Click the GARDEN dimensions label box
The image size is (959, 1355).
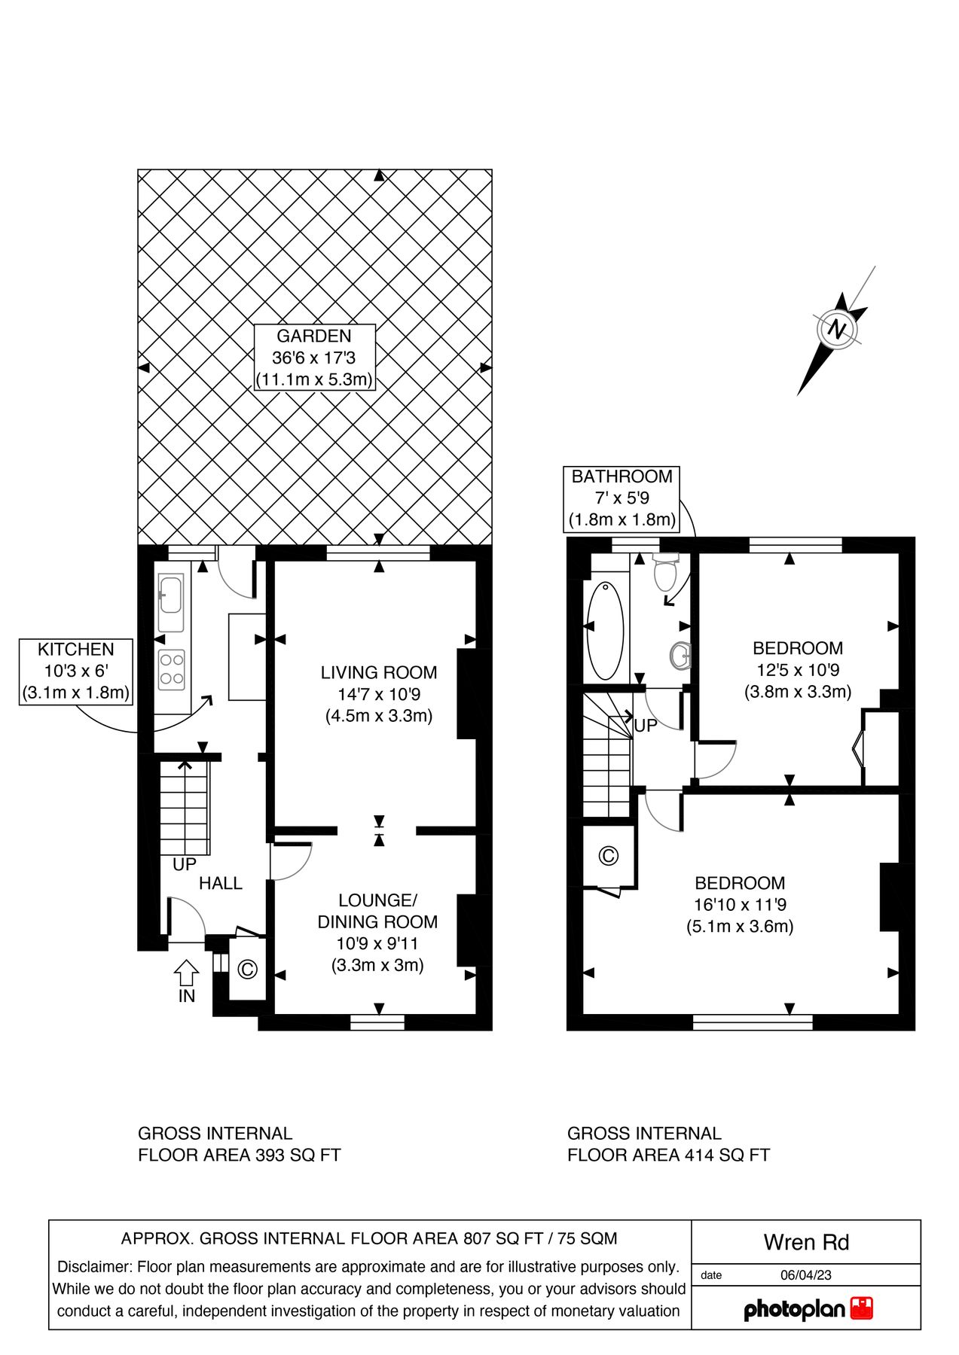click(314, 358)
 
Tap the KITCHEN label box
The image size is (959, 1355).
click(75, 671)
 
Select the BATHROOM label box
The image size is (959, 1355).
click(622, 498)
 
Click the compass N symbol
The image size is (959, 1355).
click(836, 329)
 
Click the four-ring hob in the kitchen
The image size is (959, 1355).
click(171, 669)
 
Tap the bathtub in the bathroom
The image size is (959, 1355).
click(605, 629)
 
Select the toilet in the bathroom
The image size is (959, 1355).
click(664, 574)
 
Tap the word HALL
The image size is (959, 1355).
click(220, 883)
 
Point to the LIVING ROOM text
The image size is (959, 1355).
click(378, 672)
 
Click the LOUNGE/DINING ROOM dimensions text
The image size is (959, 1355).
click(377, 943)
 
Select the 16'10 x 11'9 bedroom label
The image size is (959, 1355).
click(739, 905)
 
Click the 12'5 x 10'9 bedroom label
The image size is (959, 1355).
click(797, 670)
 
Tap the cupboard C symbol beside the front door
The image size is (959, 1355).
click(247, 970)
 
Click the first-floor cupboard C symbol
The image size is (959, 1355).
click(608, 856)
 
